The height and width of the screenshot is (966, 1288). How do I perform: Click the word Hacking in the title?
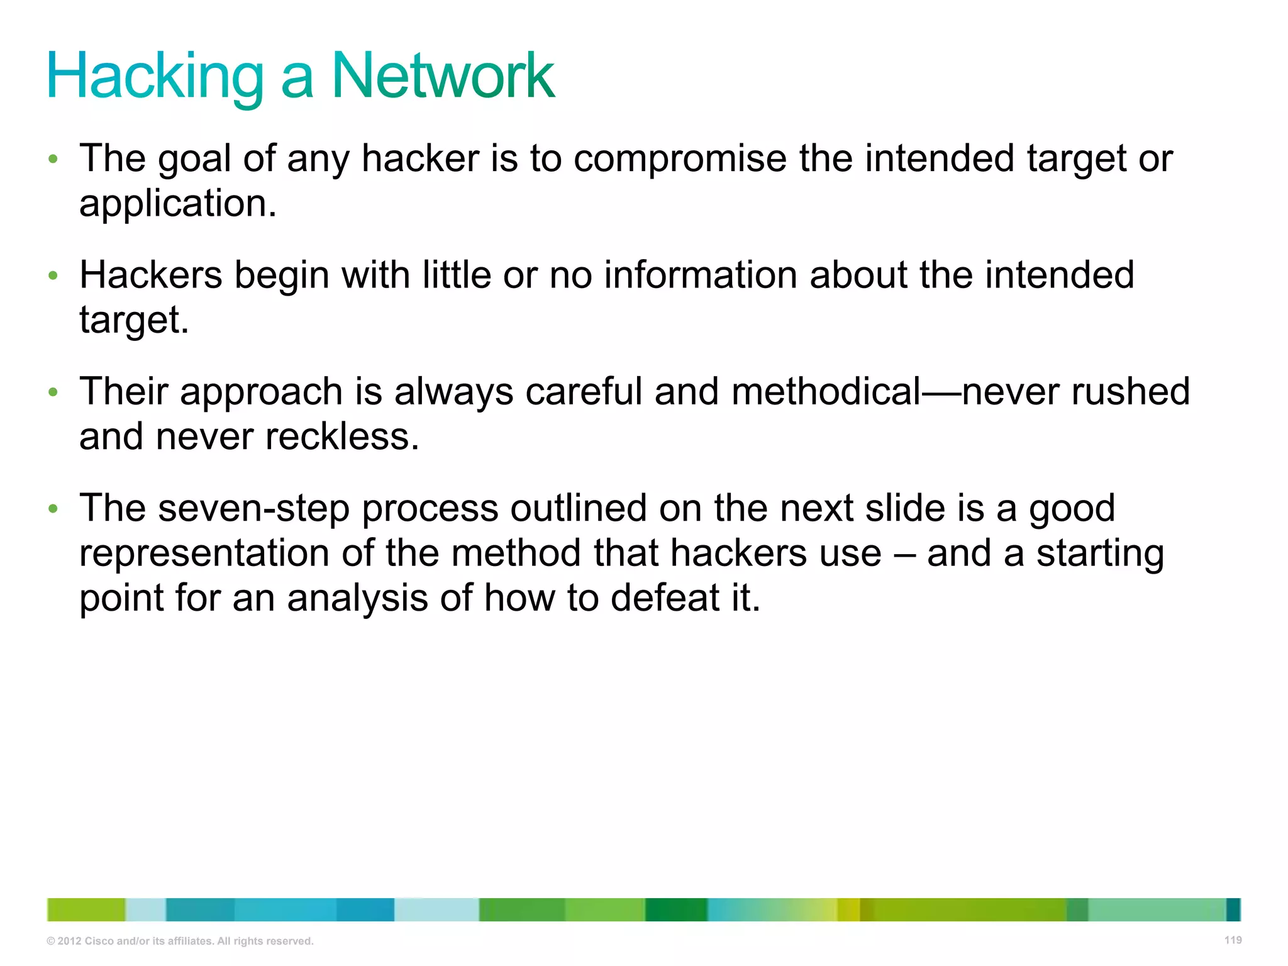coord(155,77)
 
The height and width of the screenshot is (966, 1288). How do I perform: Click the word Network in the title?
coord(443,77)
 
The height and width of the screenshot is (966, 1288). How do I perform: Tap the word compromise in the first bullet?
coord(680,158)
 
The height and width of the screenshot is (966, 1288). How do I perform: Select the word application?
coord(178,204)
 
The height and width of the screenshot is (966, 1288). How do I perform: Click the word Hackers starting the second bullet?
coord(151,275)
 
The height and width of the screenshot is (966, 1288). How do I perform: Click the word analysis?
coord(357,598)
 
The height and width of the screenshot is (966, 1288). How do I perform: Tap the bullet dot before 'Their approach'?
coord(53,392)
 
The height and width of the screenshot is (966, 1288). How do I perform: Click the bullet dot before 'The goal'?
coord(53,159)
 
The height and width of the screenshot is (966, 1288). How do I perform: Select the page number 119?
coord(1233,940)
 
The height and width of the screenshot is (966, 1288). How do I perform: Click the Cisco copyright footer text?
coord(180,941)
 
